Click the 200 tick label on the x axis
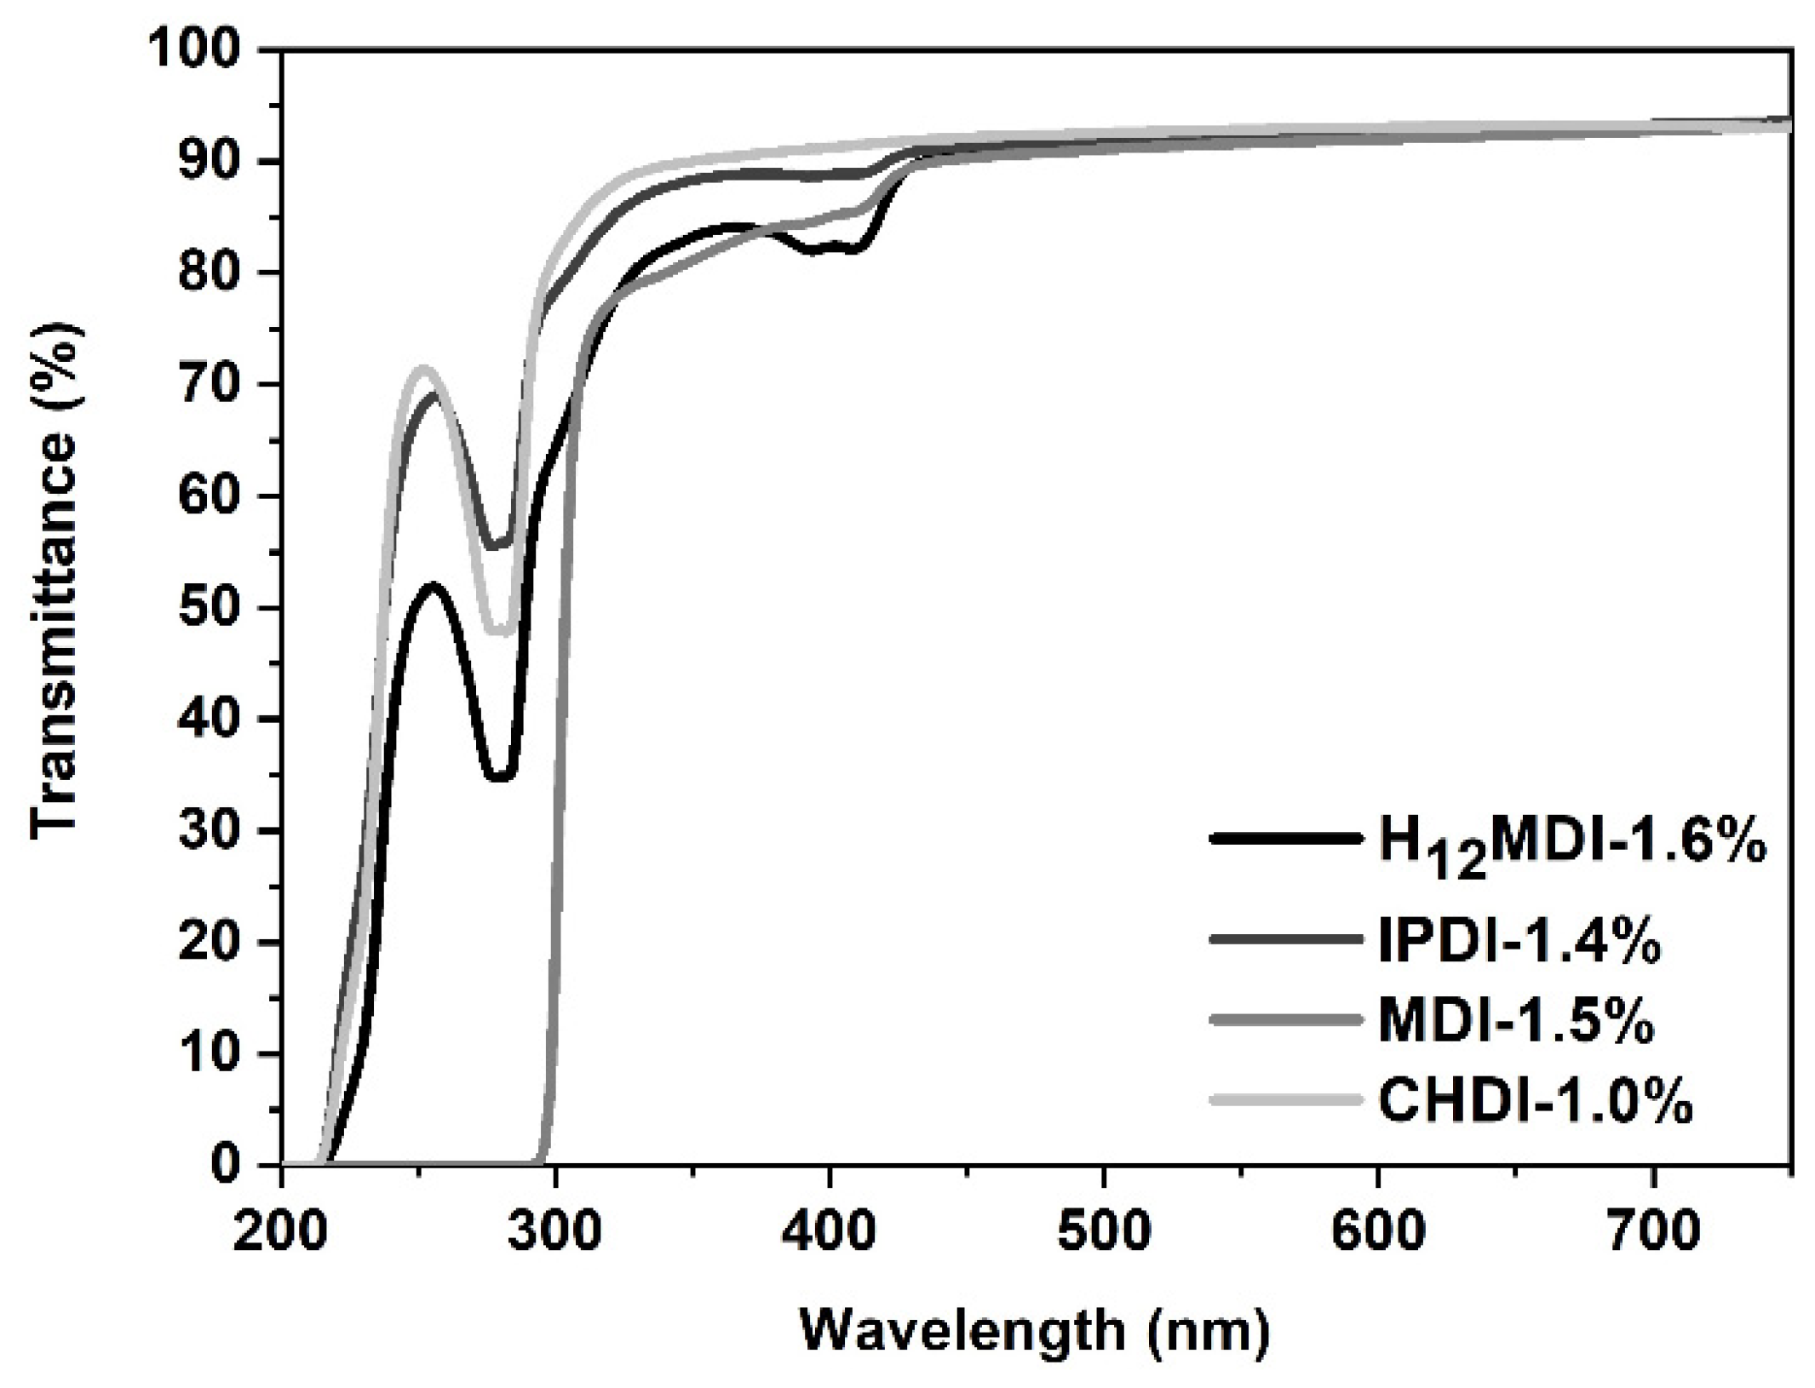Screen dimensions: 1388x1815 point(280,1232)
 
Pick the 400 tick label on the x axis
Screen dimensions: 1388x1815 point(829,1232)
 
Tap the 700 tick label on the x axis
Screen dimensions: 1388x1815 point(1652,1232)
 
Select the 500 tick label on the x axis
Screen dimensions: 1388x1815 point(1104,1232)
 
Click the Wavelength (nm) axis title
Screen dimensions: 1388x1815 point(1034,1329)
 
